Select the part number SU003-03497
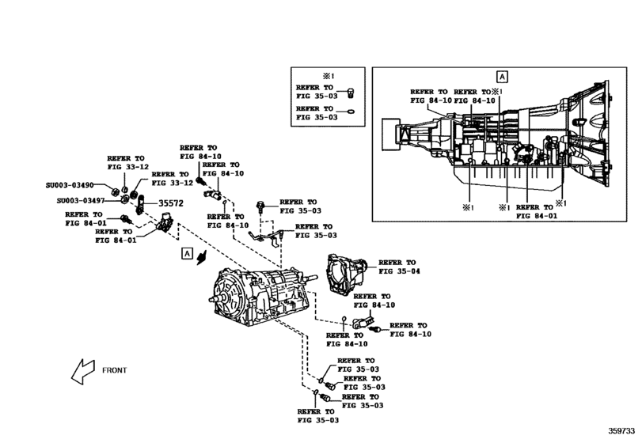[x=79, y=201]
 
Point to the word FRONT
[x=114, y=369]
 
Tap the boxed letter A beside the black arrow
[x=187, y=253]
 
